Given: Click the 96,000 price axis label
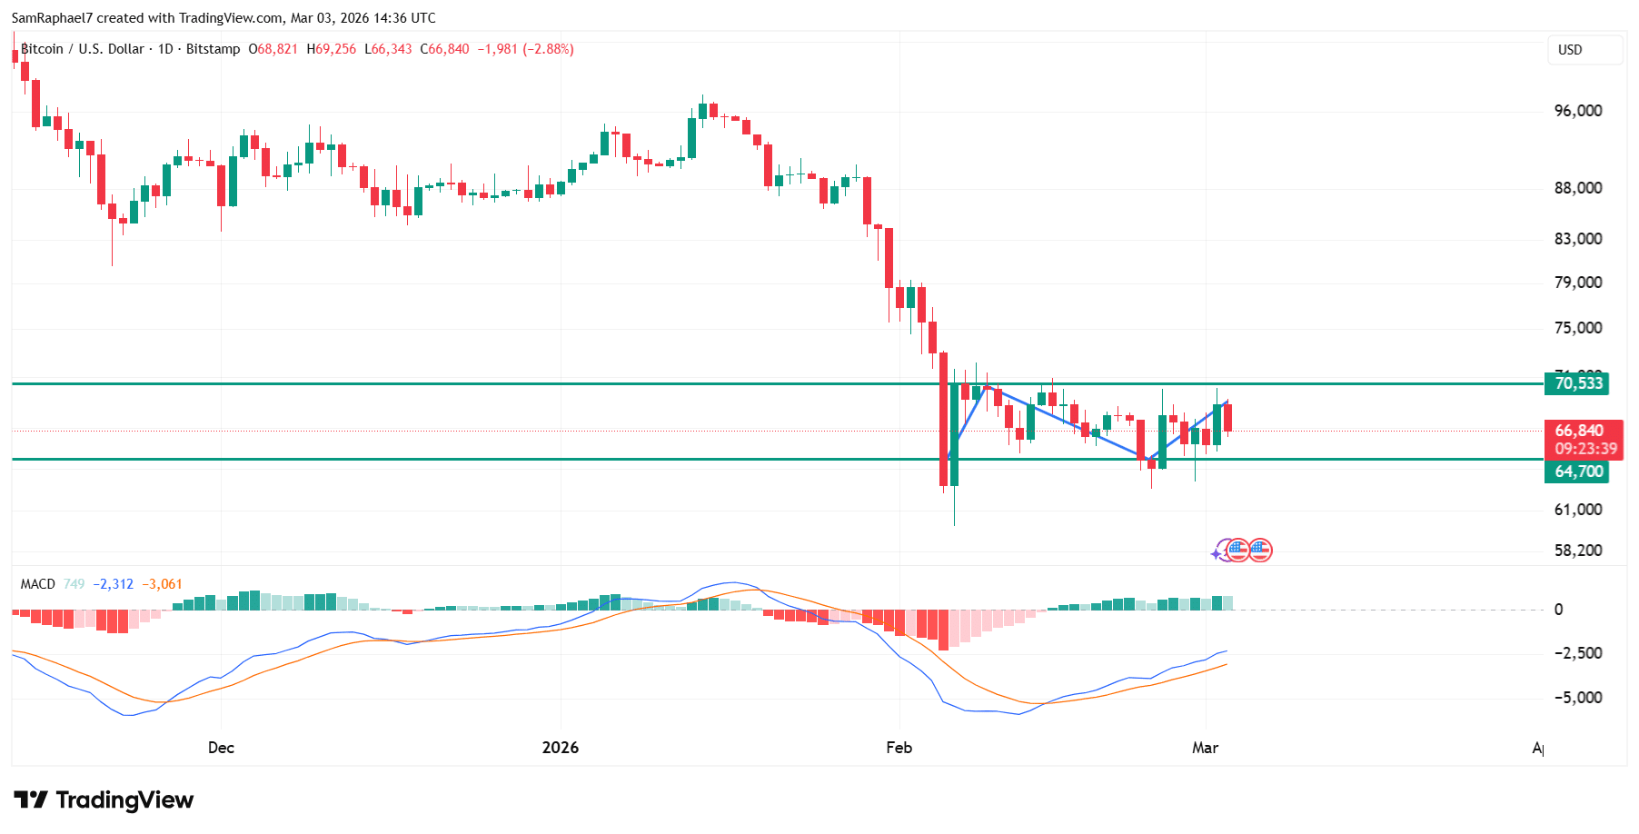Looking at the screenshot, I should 1577,111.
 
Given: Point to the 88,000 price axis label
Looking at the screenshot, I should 1577,188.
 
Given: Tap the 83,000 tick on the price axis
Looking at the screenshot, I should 1577,239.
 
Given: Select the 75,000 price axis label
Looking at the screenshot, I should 1577,328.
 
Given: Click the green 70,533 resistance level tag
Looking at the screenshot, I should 1576,383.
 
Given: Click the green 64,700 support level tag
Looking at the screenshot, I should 1576,472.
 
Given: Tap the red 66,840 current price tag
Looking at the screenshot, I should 1578,431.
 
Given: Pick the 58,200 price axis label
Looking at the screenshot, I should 1577,551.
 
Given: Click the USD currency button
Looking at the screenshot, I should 1584,50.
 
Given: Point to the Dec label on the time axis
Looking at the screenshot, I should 221,748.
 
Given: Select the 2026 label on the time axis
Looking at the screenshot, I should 560,748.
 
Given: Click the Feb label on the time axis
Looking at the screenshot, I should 899,748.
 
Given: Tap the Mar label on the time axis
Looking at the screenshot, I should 1205,748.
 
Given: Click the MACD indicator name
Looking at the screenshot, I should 38,584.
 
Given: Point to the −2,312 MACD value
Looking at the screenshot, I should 113,584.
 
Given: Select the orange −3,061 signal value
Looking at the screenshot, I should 162,584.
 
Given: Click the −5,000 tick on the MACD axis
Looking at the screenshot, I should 1577,698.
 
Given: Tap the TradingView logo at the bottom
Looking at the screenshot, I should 104,800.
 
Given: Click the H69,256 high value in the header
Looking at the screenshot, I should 332,49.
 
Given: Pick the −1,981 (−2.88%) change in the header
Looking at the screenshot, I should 525,49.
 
